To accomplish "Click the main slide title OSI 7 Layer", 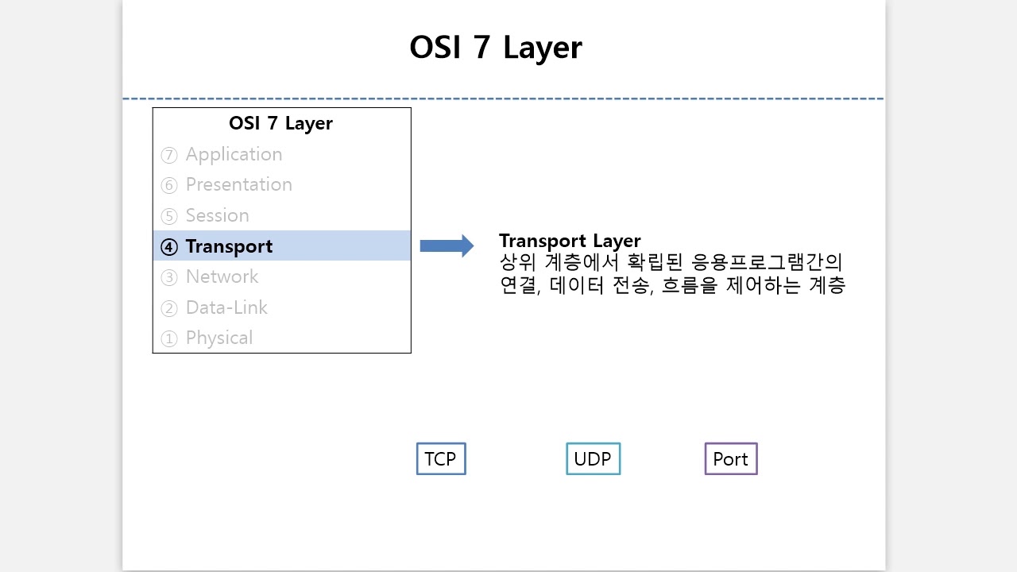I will (495, 48).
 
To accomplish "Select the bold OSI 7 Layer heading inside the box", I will (280, 123).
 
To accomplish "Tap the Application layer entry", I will (234, 154).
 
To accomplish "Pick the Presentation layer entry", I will (238, 184).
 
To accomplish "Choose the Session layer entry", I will (217, 215).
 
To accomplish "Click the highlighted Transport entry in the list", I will (229, 246).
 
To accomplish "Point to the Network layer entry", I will (222, 276).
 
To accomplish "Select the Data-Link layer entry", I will (226, 307).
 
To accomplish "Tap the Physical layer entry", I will (218, 338).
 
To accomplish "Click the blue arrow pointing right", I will (446, 245).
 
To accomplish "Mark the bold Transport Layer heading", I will (570, 241).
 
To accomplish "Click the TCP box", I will (441, 459).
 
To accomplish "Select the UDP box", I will (593, 459).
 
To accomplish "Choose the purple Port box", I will (731, 459).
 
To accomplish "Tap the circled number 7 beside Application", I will (168, 155).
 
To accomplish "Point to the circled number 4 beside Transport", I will (168, 247).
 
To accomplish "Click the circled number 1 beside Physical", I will (168, 338).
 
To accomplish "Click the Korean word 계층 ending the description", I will (826, 285).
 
